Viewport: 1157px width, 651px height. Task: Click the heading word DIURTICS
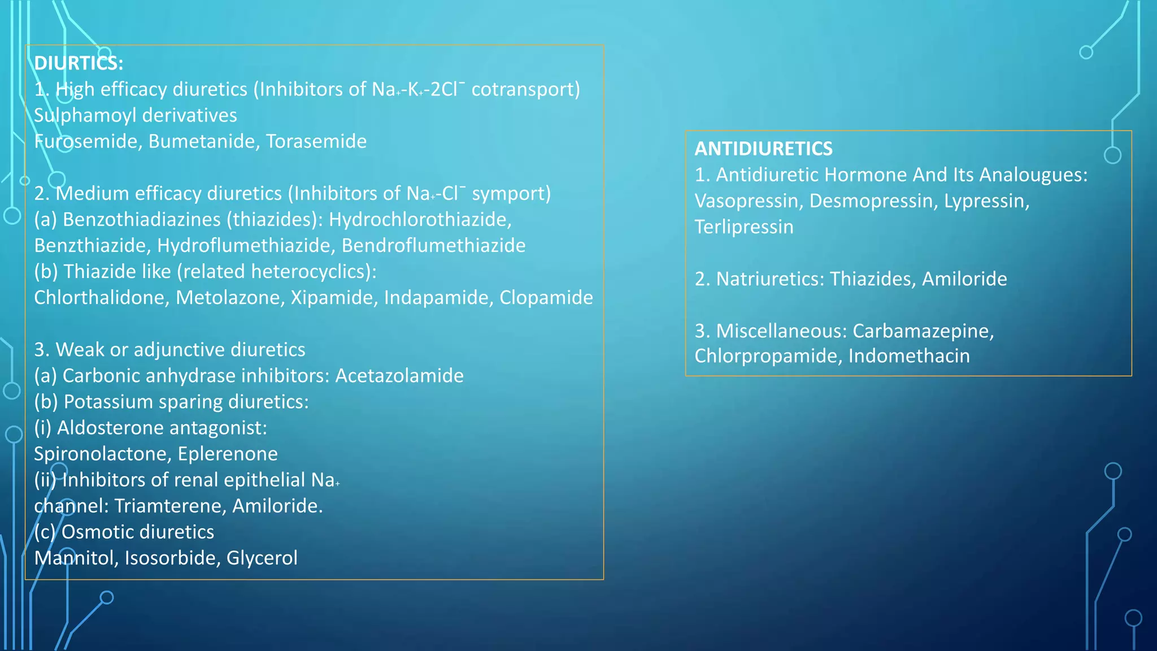[78, 63]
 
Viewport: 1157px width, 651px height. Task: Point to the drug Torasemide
[316, 141]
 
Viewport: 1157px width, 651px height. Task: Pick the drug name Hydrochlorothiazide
[420, 219]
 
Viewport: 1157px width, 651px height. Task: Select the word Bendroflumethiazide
[433, 245]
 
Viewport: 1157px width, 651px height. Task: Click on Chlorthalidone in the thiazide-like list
[101, 297]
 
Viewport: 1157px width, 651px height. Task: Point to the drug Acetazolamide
[399, 376]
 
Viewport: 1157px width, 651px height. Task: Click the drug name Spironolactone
[102, 454]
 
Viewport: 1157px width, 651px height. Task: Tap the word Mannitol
[76, 558]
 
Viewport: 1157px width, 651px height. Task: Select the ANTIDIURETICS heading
[763, 149]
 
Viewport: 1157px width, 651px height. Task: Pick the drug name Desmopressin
[871, 201]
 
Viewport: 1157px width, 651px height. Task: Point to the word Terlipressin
[744, 227]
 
